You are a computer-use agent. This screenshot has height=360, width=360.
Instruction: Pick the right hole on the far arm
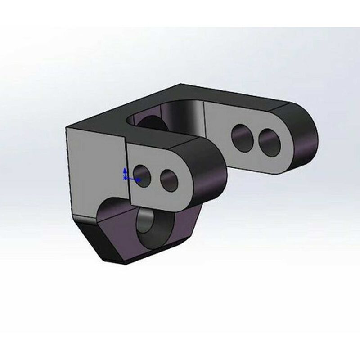[270, 142]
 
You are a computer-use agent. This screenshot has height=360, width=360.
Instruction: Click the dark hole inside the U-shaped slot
[151, 123]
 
